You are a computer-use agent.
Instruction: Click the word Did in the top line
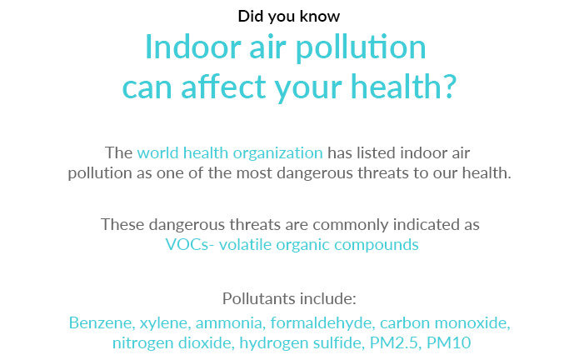tap(251, 16)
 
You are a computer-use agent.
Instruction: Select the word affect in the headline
tap(223, 87)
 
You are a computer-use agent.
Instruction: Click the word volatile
tap(245, 244)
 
